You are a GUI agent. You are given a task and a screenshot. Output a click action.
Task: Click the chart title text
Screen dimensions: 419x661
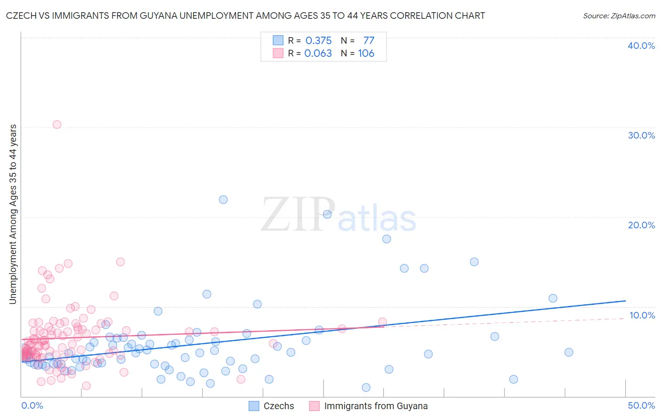[245, 16]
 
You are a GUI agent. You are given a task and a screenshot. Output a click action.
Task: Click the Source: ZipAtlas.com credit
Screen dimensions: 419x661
[619, 16]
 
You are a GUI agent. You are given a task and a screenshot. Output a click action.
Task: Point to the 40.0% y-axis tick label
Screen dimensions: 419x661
[641, 46]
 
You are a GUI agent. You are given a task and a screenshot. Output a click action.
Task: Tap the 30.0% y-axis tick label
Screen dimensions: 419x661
[641, 135]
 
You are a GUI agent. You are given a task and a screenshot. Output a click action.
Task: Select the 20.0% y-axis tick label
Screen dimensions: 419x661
[641, 225]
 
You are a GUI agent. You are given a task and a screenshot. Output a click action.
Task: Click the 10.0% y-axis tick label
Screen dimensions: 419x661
[642, 315]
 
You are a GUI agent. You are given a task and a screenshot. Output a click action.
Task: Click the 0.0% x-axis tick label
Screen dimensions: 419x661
[32, 405]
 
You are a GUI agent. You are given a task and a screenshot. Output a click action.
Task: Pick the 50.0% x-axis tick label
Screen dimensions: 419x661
[641, 405]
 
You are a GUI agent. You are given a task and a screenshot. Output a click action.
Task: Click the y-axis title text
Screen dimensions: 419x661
[13, 214]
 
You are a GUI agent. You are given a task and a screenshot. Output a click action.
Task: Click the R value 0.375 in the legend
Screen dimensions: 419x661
[318, 41]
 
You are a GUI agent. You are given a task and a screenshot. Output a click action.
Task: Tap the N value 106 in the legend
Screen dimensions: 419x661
[366, 54]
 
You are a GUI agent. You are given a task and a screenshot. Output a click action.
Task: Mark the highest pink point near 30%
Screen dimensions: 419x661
[57, 124]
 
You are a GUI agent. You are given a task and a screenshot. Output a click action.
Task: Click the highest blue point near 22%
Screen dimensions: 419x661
[223, 200]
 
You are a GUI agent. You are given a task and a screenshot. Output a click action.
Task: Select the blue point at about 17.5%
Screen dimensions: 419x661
[386, 239]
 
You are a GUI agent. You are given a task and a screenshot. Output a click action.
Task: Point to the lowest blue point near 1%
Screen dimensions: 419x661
[366, 388]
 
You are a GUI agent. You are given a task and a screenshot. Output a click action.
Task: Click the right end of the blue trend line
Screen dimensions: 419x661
[625, 301]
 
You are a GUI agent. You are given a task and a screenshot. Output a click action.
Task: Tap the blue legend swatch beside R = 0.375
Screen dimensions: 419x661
[278, 41]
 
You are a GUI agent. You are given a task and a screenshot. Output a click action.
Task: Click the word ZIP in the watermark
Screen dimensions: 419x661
[298, 215]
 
